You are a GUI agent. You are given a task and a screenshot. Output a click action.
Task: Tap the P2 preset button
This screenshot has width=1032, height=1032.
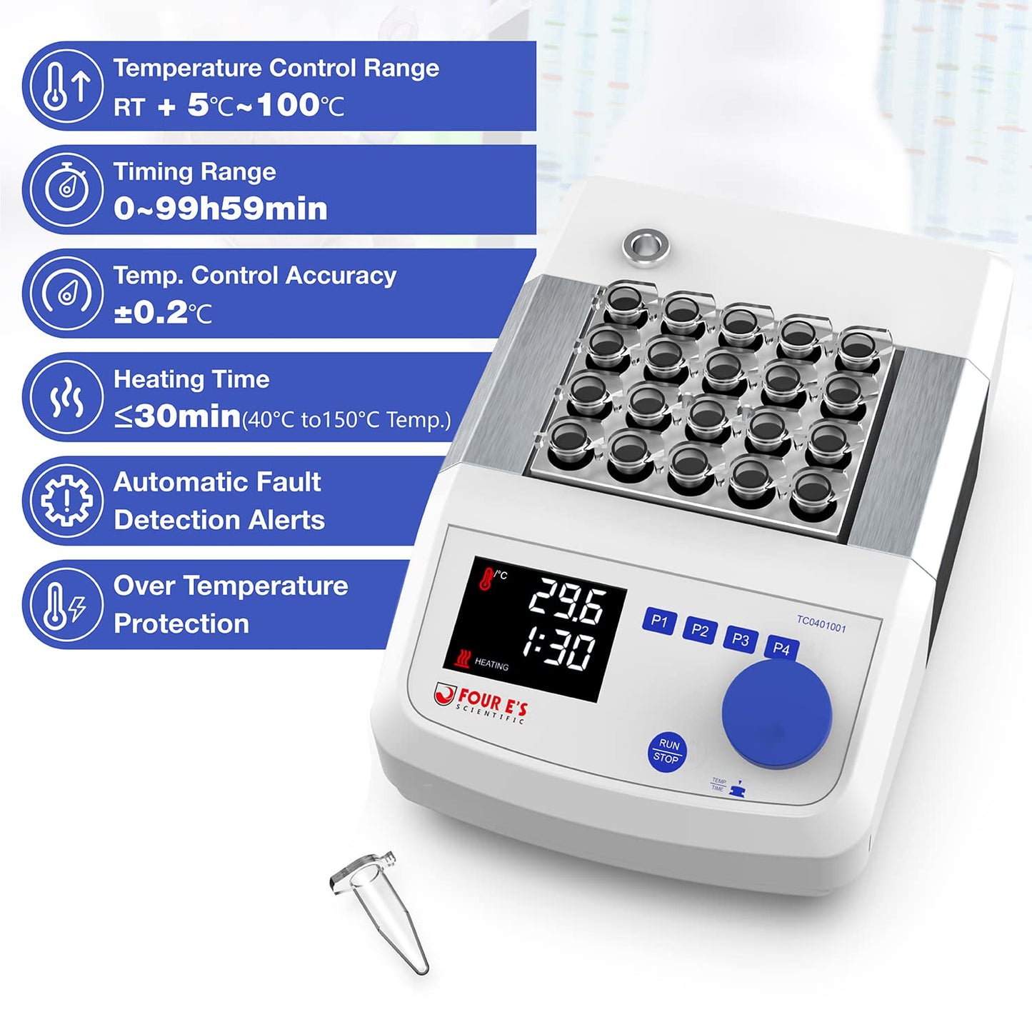[x=700, y=631]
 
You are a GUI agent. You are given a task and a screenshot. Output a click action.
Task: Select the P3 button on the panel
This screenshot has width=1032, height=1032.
[x=741, y=640]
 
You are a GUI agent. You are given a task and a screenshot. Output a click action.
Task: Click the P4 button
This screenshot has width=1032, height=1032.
[x=781, y=648]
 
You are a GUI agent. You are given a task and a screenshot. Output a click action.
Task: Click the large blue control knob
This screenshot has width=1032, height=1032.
[x=777, y=715]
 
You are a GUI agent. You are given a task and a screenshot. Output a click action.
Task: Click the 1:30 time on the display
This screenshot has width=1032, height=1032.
[x=558, y=649]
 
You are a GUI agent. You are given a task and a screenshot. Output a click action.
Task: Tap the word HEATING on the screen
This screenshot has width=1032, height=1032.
[x=491, y=664]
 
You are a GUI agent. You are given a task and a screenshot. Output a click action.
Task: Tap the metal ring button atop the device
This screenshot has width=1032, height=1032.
[x=646, y=246]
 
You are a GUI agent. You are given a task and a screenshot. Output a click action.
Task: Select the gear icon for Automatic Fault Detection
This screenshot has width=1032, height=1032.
[x=66, y=500]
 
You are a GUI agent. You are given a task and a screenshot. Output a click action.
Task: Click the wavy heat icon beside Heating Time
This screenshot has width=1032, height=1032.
[x=66, y=397]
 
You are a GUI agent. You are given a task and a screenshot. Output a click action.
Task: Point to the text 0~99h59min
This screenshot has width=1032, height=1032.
[x=221, y=209]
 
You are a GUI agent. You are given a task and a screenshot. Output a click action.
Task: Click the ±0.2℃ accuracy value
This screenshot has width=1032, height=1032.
[x=163, y=313]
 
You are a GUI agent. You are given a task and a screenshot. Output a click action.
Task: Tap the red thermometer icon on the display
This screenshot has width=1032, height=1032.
[x=486, y=578]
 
